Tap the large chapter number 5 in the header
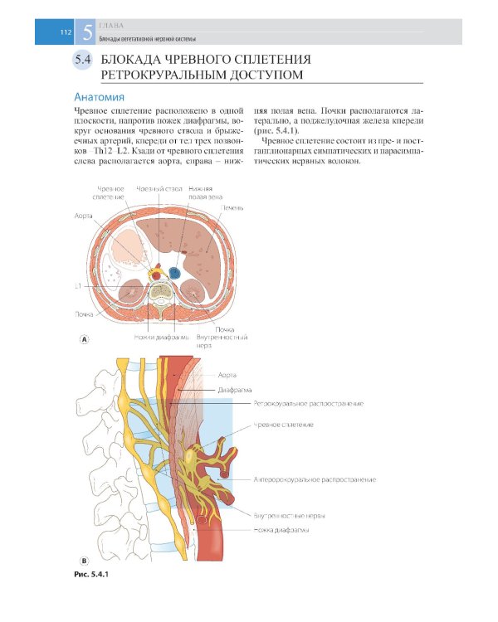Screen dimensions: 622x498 (x=87, y=32)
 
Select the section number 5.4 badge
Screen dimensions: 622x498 (x=82, y=61)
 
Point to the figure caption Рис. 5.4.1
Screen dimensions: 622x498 (x=91, y=573)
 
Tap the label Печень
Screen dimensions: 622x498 (x=233, y=207)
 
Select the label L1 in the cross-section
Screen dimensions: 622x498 (x=77, y=286)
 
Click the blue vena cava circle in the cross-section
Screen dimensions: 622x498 (x=174, y=272)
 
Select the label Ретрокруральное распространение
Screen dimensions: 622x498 (x=310, y=403)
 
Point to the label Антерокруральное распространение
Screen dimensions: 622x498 (x=315, y=479)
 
